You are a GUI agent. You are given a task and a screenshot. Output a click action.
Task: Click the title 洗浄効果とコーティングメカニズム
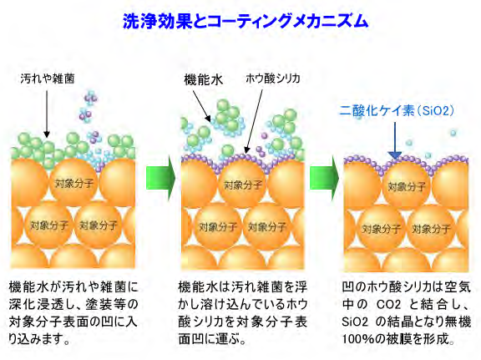246,21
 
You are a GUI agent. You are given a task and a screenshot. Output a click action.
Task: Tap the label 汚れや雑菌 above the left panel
48,79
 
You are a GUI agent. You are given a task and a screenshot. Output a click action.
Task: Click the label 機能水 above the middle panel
204,80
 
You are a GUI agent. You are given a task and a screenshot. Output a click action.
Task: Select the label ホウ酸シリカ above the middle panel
273,79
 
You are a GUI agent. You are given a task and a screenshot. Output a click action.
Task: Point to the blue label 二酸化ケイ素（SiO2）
397,110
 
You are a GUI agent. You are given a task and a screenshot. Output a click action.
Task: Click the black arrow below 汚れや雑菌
47,114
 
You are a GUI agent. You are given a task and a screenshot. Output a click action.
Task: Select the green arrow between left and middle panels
160,178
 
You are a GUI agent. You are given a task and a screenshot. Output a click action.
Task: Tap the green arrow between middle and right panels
324,178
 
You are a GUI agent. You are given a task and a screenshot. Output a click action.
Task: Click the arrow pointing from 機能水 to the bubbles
202,106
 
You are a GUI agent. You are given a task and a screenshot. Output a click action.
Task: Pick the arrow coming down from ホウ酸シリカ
254,121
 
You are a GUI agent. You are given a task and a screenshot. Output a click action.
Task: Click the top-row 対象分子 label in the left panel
74,184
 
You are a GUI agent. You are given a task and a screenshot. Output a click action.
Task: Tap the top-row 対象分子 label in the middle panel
243,185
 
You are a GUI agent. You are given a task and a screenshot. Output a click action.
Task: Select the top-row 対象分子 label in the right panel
407,186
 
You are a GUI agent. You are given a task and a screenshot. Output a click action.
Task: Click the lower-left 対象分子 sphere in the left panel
48,226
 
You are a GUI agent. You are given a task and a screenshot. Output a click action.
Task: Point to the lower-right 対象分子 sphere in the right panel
431,229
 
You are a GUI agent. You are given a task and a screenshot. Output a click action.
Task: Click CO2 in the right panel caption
388,304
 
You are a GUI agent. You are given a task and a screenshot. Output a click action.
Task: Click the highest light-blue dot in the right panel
453,133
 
